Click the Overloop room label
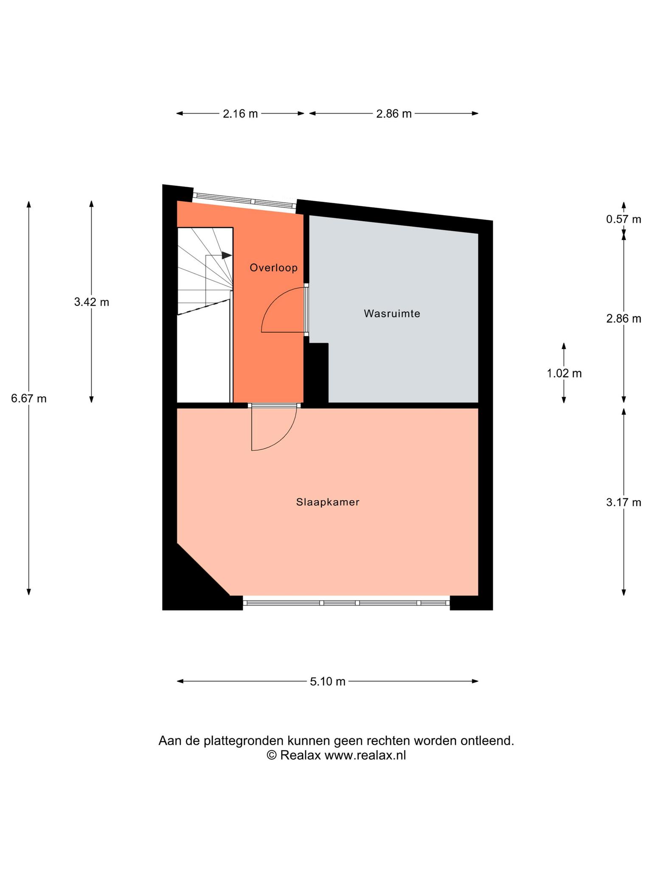click(x=273, y=268)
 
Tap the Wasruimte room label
click(x=392, y=314)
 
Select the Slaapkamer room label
click(x=328, y=502)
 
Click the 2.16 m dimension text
click(x=240, y=114)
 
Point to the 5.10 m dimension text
click(x=328, y=681)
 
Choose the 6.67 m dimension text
click(x=29, y=398)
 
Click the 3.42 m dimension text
click(x=91, y=302)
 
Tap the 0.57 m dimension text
click(x=624, y=219)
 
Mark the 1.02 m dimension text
click(x=564, y=373)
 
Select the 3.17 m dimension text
click(x=624, y=503)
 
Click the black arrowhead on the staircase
click(x=227, y=255)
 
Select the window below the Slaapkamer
click(x=346, y=603)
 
